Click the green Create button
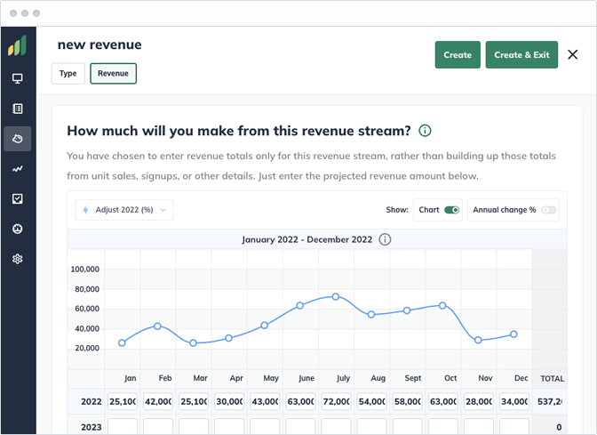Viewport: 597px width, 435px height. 458,55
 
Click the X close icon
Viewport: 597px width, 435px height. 573,55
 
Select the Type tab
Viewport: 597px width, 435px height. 68,74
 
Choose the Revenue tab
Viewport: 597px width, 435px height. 113,74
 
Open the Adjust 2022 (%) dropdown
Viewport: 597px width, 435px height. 124,210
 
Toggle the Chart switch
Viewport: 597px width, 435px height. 451,210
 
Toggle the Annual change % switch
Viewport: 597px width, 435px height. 548,210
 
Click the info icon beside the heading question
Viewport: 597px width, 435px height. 425,131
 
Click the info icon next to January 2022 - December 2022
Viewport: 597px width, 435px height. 385,239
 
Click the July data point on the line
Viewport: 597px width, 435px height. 336,296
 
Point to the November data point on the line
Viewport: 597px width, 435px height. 478,340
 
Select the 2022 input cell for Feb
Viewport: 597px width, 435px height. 158,401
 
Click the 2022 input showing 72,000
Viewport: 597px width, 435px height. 336,401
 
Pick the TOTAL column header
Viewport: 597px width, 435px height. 553,378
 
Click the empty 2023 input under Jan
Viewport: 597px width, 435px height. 123,427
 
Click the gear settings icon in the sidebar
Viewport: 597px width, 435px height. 17,259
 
